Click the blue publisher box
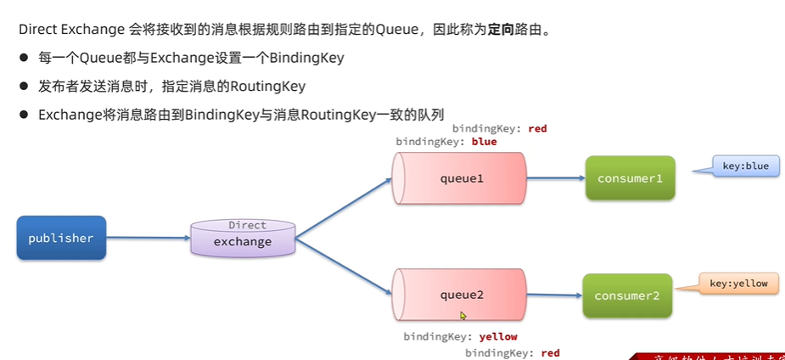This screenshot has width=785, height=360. [61, 238]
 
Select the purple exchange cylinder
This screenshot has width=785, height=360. [243, 239]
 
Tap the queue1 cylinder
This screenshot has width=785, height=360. [460, 178]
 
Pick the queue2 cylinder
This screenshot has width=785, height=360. [460, 295]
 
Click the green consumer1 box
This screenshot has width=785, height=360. [630, 178]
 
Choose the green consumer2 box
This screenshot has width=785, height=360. [627, 295]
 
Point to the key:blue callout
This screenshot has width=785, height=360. [744, 166]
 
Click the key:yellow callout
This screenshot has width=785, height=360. [737, 284]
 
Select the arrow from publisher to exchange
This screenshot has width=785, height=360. [148, 238]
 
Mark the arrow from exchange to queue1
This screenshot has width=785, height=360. [343, 207]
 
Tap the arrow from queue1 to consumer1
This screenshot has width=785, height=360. [555, 178]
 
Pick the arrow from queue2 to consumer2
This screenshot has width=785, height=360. [553, 295]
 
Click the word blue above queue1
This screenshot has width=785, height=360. [484, 142]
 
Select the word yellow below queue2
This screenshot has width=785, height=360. [498, 336]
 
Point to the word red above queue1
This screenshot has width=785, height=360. [537, 129]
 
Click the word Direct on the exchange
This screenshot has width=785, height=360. [247, 226]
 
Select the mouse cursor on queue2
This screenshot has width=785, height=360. [463, 315]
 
